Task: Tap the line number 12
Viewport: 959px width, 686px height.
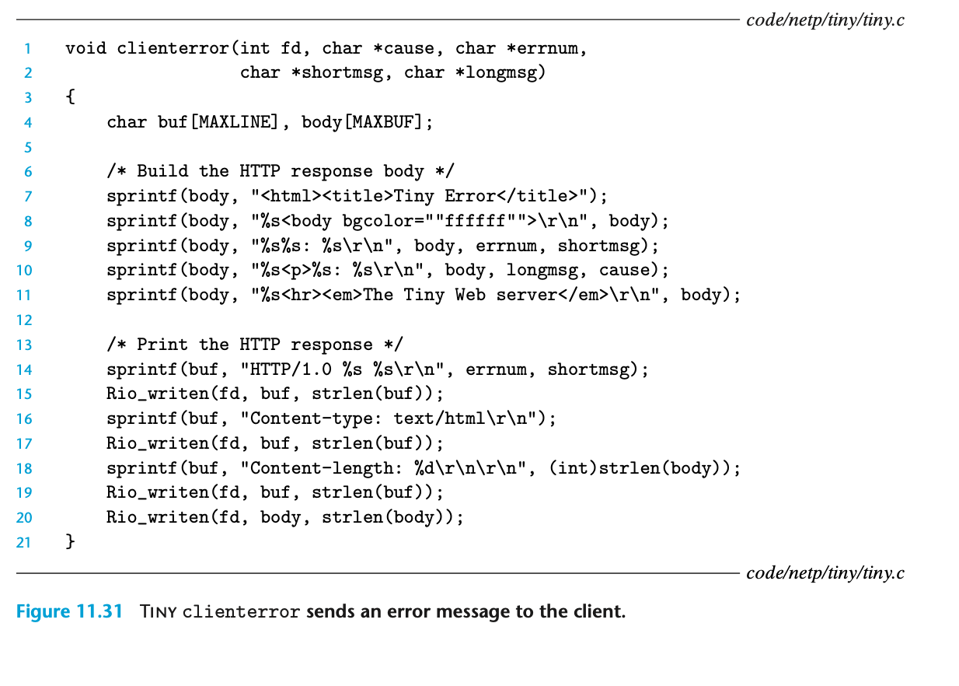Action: coord(23,320)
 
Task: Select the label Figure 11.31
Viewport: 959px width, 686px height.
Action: coord(70,611)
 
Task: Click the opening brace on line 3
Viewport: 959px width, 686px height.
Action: coord(70,97)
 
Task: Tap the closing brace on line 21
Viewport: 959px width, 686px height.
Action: coord(70,541)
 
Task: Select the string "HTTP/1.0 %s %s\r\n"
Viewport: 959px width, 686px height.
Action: coord(332,369)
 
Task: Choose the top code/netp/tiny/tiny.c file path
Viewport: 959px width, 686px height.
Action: coord(825,20)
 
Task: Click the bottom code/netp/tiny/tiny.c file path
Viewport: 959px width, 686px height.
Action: coord(825,573)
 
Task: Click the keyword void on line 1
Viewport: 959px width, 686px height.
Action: coord(86,48)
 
